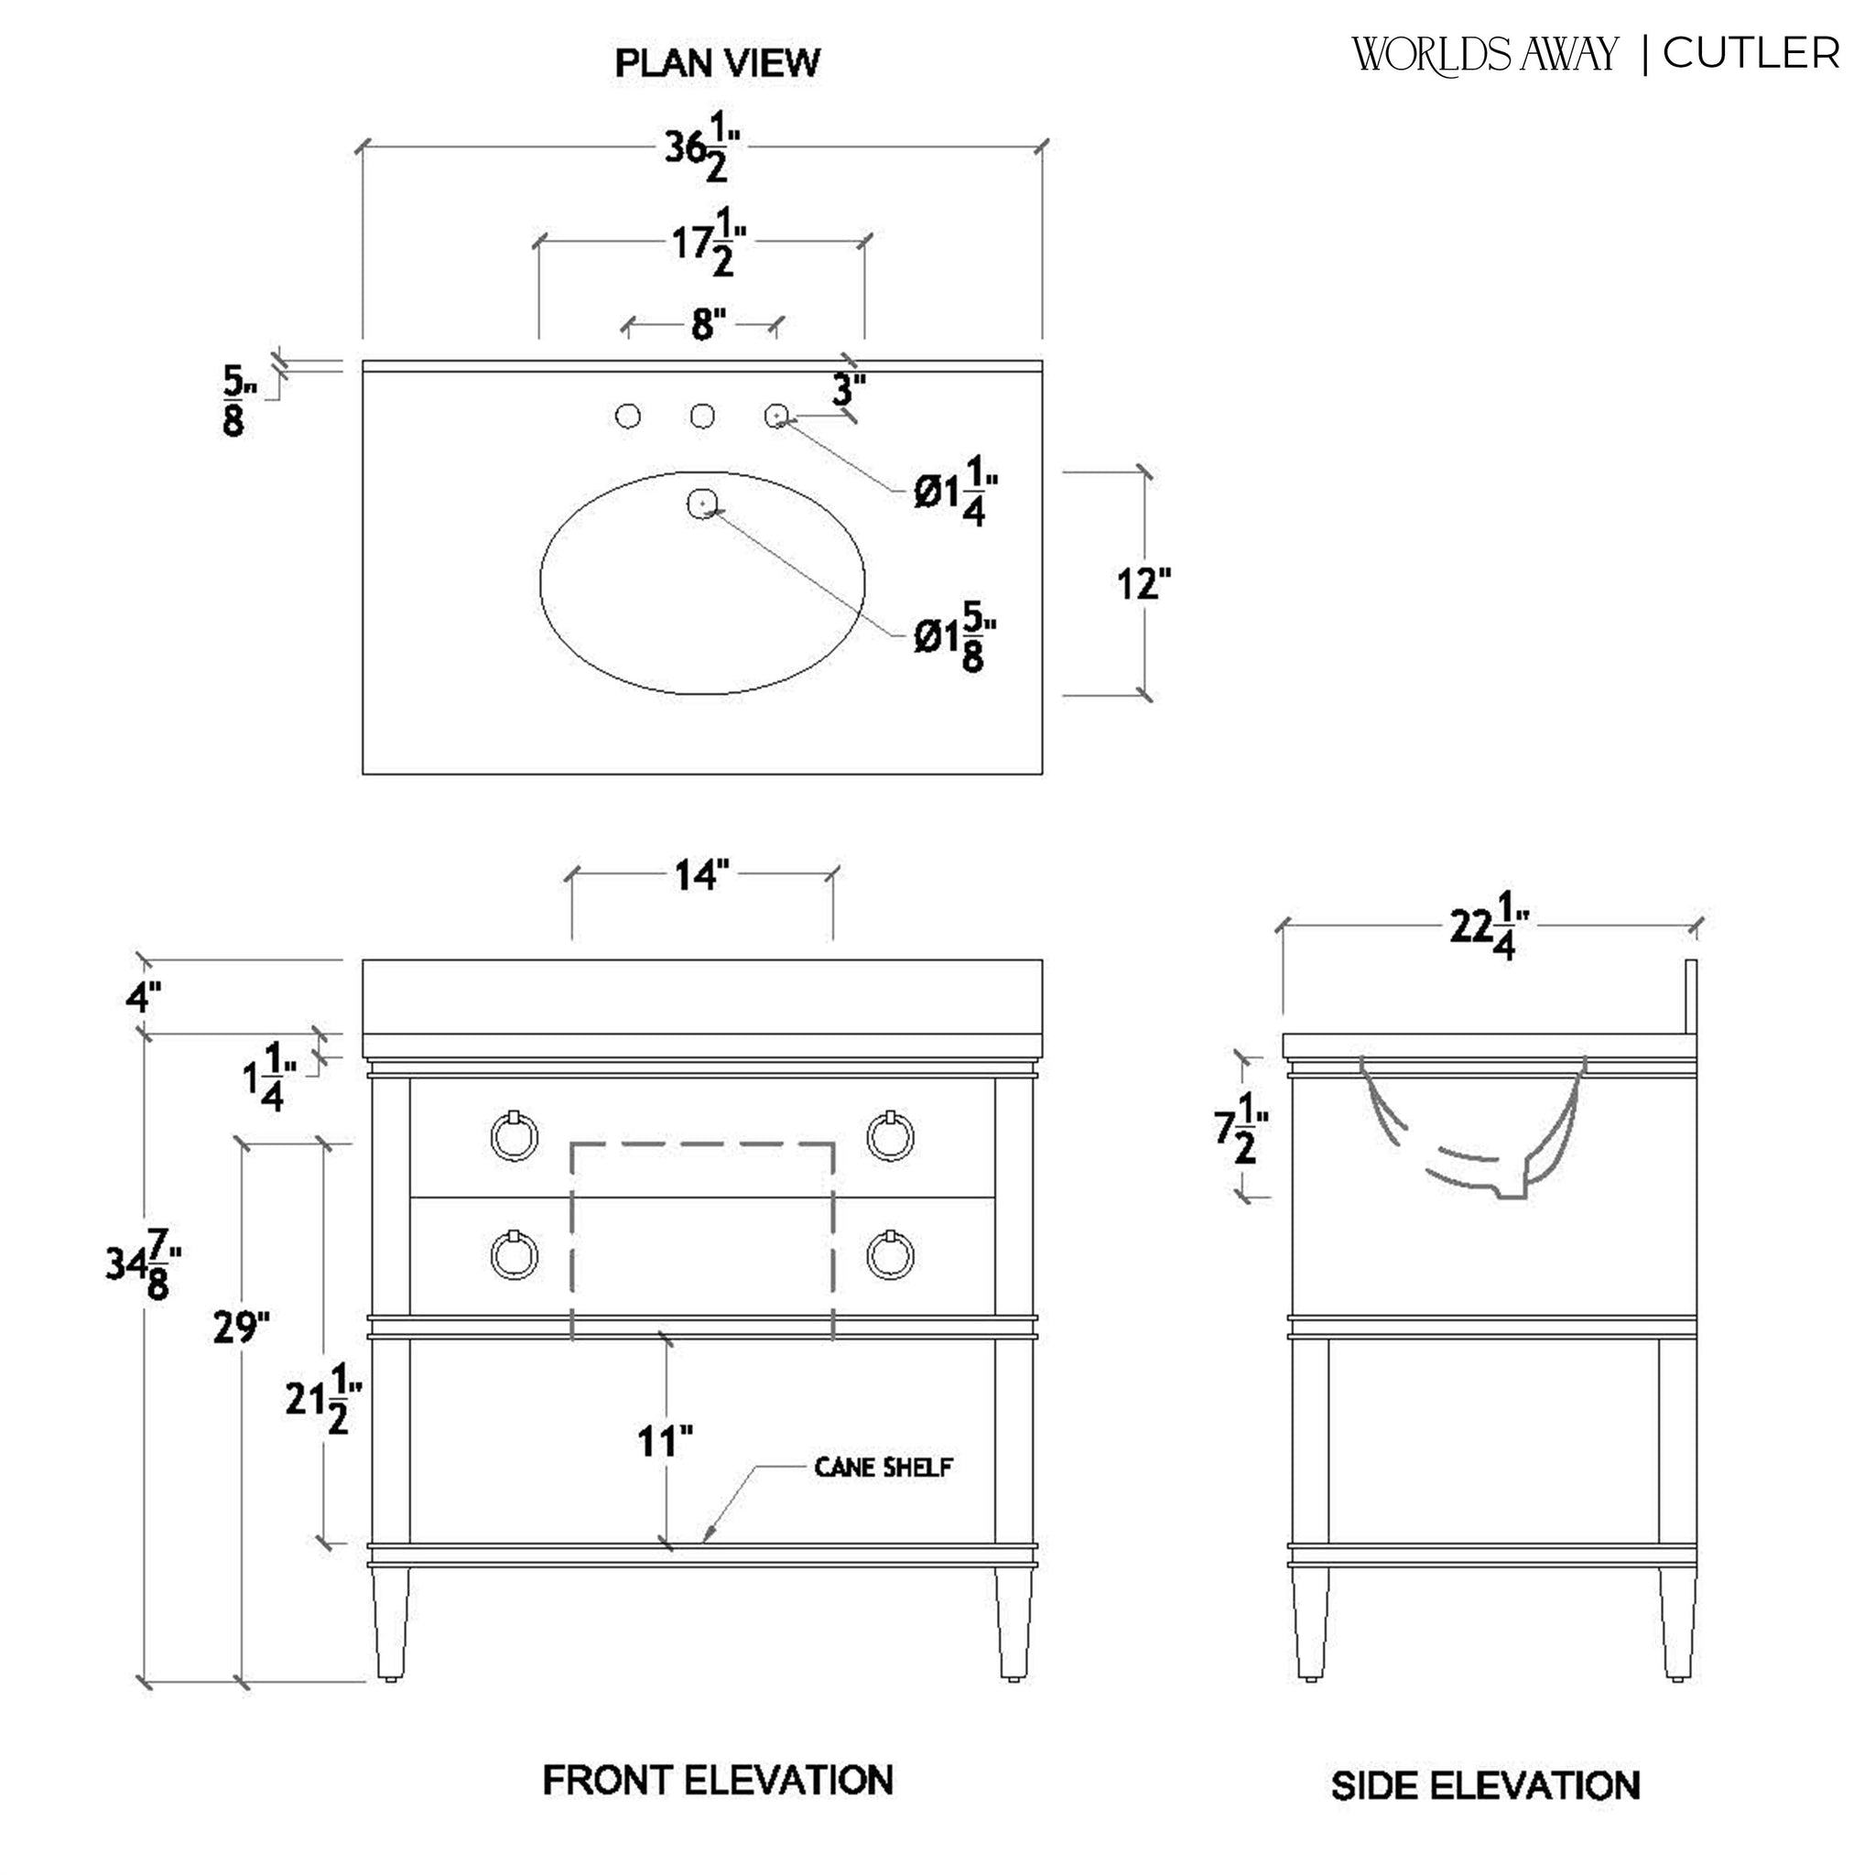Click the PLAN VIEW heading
tap(717, 63)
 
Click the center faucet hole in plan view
tap(702, 417)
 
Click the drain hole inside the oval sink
tap(701, 503)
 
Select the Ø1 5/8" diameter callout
tap(955, 637)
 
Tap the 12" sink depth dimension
tap(1143, 584)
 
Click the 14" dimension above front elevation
tap(700, 875)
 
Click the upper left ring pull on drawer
tap(515, 1135)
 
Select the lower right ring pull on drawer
tap(889, 1256)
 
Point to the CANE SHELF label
tap(883, 1468)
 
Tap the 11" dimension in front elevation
tap(665, 1442)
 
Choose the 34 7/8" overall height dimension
tap(144, 1263)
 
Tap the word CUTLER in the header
tap(1750, 53)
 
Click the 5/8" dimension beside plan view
tap(236, 401)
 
